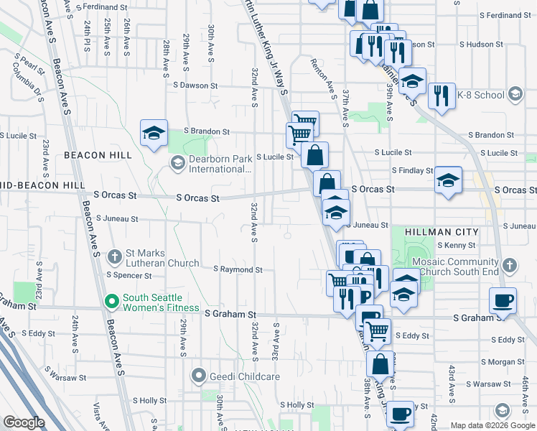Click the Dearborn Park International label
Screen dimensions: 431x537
(220, 164)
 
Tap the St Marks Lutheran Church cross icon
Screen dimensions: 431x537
(114, 256)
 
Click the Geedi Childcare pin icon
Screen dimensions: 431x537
(199, 375)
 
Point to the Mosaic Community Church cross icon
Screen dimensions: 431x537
(509, 266)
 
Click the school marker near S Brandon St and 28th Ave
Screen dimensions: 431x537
(154, 134)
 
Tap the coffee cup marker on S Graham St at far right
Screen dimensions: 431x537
(503, 300)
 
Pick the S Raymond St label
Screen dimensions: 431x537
(238, 269)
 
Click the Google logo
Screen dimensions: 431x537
(24, 422)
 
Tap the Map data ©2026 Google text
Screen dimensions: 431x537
(491, 425)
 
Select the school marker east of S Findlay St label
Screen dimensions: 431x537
(448, 180)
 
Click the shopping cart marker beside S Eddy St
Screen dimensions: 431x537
(377, 331)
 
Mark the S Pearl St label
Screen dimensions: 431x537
(29, 56)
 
